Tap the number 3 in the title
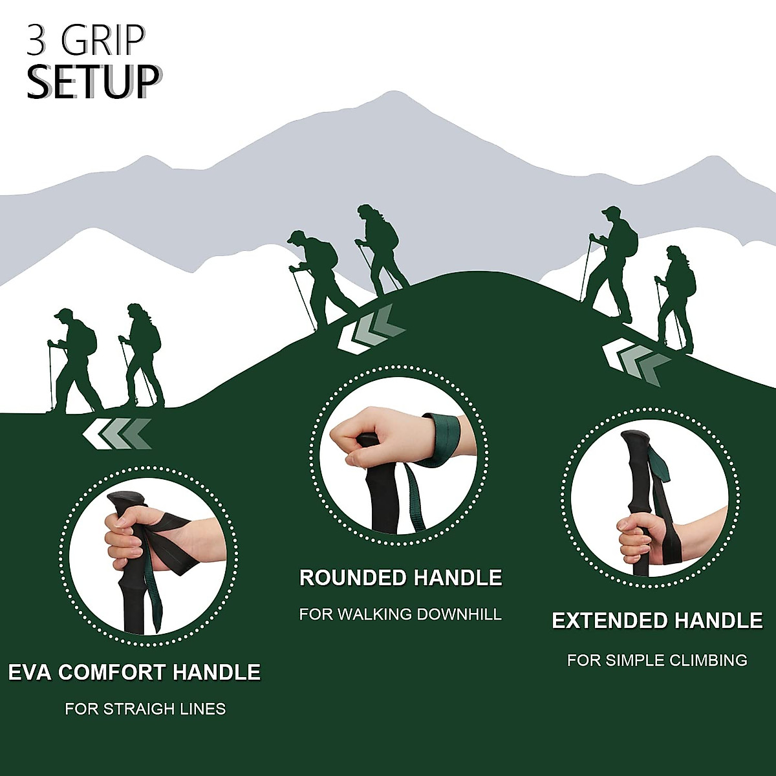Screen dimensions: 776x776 click(37, 40)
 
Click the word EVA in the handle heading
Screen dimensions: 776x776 click(30, 673)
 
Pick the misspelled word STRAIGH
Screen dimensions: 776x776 click(136, 709)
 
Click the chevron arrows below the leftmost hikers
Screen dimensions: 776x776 click(117, 433)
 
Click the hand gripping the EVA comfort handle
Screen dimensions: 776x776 click(133, 537)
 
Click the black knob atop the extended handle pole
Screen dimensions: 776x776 click(635, 439)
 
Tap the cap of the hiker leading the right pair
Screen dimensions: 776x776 click(610, 210)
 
